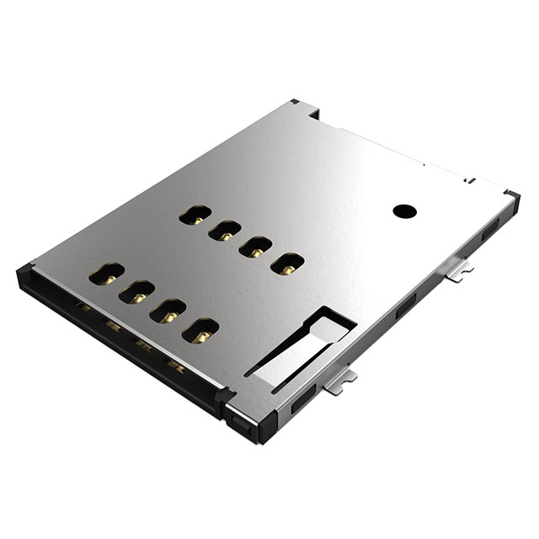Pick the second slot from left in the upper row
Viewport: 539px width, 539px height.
(223, 231)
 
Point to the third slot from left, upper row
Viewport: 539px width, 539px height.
(255, 246)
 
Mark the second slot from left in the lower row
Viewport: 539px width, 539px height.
(135, 292)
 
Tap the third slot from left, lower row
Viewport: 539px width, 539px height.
(168, 310)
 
